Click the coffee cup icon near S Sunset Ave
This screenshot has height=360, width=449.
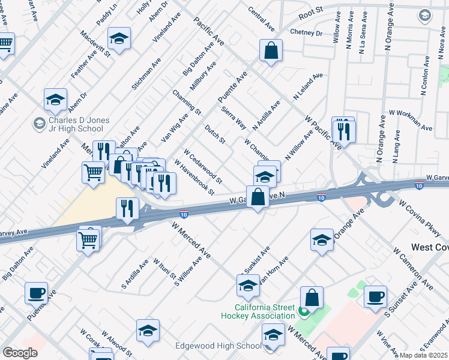(376, 298)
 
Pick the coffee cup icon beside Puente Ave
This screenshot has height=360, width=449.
(37, 293)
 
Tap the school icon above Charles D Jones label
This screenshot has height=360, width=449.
(56, 100)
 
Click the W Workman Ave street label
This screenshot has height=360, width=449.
(411, 119)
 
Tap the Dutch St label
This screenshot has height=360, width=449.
(214, 134)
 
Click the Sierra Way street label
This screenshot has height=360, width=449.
(234, 117)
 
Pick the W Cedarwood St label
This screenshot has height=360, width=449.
(203, 166)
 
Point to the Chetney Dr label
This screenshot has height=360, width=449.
(306, 32)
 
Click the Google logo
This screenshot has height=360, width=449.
(20, 353)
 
